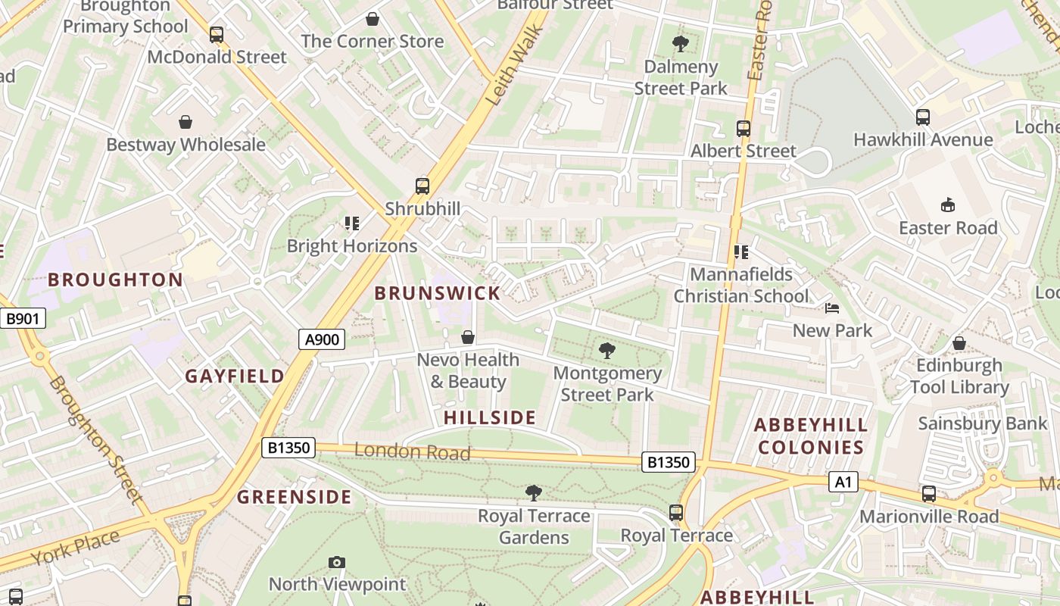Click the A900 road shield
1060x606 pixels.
point(322,339)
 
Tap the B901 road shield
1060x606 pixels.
point(22,319)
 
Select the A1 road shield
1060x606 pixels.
point(843,482)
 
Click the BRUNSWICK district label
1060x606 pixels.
point(438,293)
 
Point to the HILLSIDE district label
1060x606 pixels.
point(490,417)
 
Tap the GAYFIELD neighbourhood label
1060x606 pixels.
point(235,376)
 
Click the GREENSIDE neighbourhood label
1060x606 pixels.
point(294,497)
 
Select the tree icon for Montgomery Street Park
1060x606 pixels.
point(606,350)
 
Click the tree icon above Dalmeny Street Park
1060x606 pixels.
point(680,44)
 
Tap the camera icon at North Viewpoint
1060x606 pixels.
point(337,562)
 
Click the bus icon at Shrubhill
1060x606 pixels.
point(422,186)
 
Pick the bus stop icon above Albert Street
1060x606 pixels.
point(743,129)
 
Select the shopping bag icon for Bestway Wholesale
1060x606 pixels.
point(185,122)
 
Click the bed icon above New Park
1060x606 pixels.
point(832,308)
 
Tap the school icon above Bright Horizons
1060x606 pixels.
point(352,223)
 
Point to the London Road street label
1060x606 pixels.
point(413,451)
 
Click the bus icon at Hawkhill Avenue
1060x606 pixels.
point(922,117)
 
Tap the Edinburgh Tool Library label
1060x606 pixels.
point(959,376)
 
